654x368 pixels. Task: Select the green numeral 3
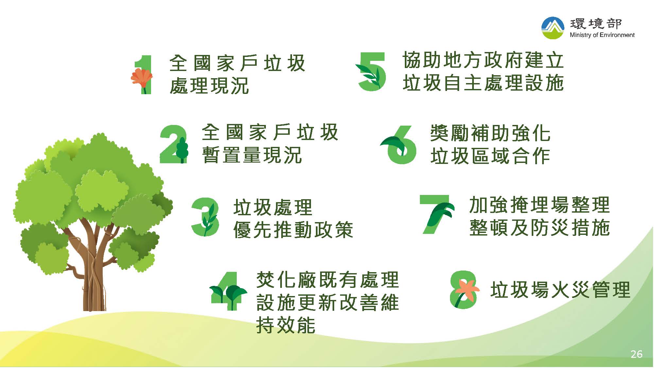tap(205, 217)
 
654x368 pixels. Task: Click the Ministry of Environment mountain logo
tap(553, 28)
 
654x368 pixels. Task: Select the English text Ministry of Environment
tap(602, 35)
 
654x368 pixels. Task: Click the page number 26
tap(636, 354)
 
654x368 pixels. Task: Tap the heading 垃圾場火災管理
tap(560, 290)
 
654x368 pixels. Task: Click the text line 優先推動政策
tap(293, 230)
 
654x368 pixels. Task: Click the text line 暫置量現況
tap(251, 155)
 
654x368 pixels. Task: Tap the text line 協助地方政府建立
tap(483, 60)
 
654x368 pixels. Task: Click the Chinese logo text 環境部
tap(596, 24)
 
